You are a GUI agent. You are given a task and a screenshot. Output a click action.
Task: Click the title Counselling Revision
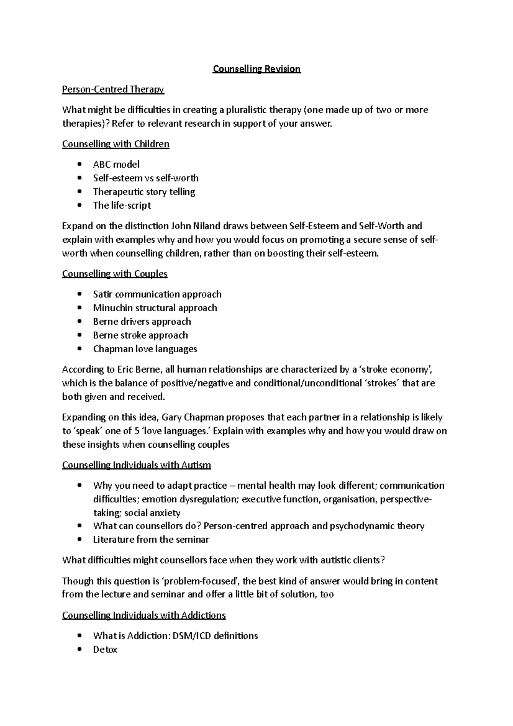coord(256,69)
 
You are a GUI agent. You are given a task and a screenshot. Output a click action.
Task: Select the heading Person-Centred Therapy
coord(113,89)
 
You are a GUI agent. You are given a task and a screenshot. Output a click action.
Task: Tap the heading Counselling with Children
coord(115,144)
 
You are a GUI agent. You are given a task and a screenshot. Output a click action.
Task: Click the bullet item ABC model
coord(116,165)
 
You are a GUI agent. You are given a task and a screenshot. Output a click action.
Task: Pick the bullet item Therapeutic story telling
coord(144,192)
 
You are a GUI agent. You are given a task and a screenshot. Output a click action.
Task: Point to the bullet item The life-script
coord(122,205)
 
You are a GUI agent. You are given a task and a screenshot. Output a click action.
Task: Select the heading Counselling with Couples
coord(115,274)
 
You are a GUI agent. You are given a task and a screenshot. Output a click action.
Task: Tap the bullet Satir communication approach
coord(157,294)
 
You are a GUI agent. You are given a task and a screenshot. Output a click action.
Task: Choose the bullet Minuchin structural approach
coord(155,308)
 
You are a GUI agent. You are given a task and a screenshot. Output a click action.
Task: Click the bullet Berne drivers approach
coord(142,322)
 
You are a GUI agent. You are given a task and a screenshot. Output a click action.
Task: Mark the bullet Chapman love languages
coord(145,349)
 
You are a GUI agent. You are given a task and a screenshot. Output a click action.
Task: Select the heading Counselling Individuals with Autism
coord(136,465)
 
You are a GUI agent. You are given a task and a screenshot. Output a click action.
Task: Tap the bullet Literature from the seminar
coord(151,540)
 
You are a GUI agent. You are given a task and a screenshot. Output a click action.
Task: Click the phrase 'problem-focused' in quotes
coord(207,581)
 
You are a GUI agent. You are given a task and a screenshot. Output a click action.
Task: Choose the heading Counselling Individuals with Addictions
coord(144,615)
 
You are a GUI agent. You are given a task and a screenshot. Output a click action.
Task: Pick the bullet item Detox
coord(105,649)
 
